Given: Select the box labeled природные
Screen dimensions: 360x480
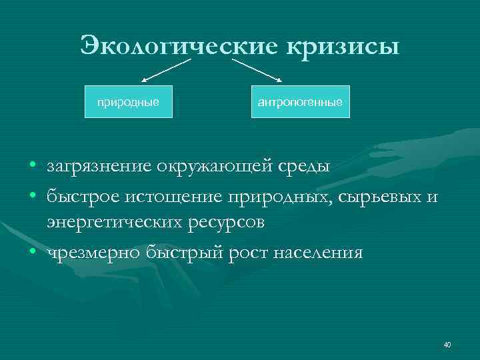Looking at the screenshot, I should click(x=128, y=102).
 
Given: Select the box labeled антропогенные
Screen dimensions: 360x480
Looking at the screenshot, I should click(x=300, y=102).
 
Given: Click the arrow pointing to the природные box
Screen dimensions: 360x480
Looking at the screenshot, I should click(x=166, y=71).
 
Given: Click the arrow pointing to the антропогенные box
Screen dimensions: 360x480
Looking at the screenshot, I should click(x=257, y=71).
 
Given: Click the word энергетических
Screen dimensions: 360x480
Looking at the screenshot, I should click(x=112, y=222).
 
